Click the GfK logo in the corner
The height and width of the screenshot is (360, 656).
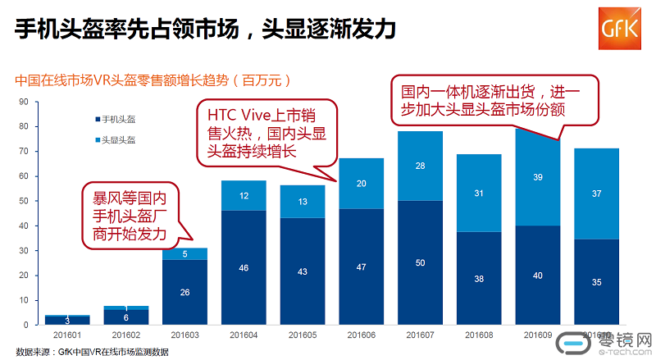click(x=620, y=30)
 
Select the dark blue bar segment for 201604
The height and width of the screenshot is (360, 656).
click(x=244, y=267)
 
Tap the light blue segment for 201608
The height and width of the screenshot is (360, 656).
click(x=478, y=193)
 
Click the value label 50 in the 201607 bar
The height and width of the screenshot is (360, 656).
click(x=419, y=262)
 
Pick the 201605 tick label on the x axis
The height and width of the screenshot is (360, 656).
click(x=303, y=336)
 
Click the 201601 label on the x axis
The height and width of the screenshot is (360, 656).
click(x=67, y=336)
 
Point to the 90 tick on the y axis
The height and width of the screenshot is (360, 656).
click(x=24, y=102)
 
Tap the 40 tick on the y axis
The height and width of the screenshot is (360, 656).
click(x=24, y=226)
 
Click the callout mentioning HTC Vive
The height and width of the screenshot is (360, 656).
click(x=258, y=132)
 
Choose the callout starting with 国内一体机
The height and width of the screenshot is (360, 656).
click(x=494, y=101)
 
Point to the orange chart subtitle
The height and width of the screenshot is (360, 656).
click(x=152, y=81)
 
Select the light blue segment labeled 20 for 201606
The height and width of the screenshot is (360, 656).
click(x=361, y=184)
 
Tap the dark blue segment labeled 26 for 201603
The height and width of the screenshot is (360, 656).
click(x=184, y=292)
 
